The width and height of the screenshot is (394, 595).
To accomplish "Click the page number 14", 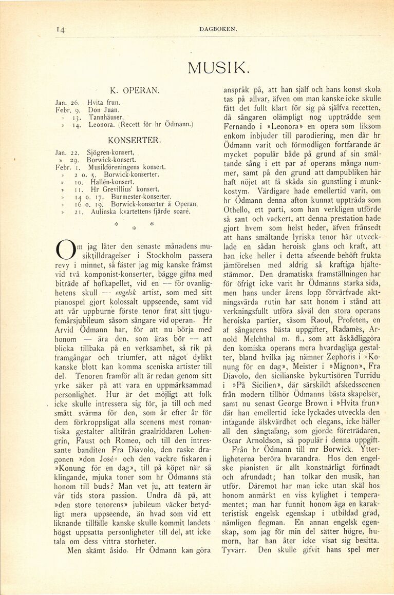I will (x=61, y=30).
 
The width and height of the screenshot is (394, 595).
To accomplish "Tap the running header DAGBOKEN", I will (x=218, y=29).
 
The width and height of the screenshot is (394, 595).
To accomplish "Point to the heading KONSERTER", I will (x=135, y=139).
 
